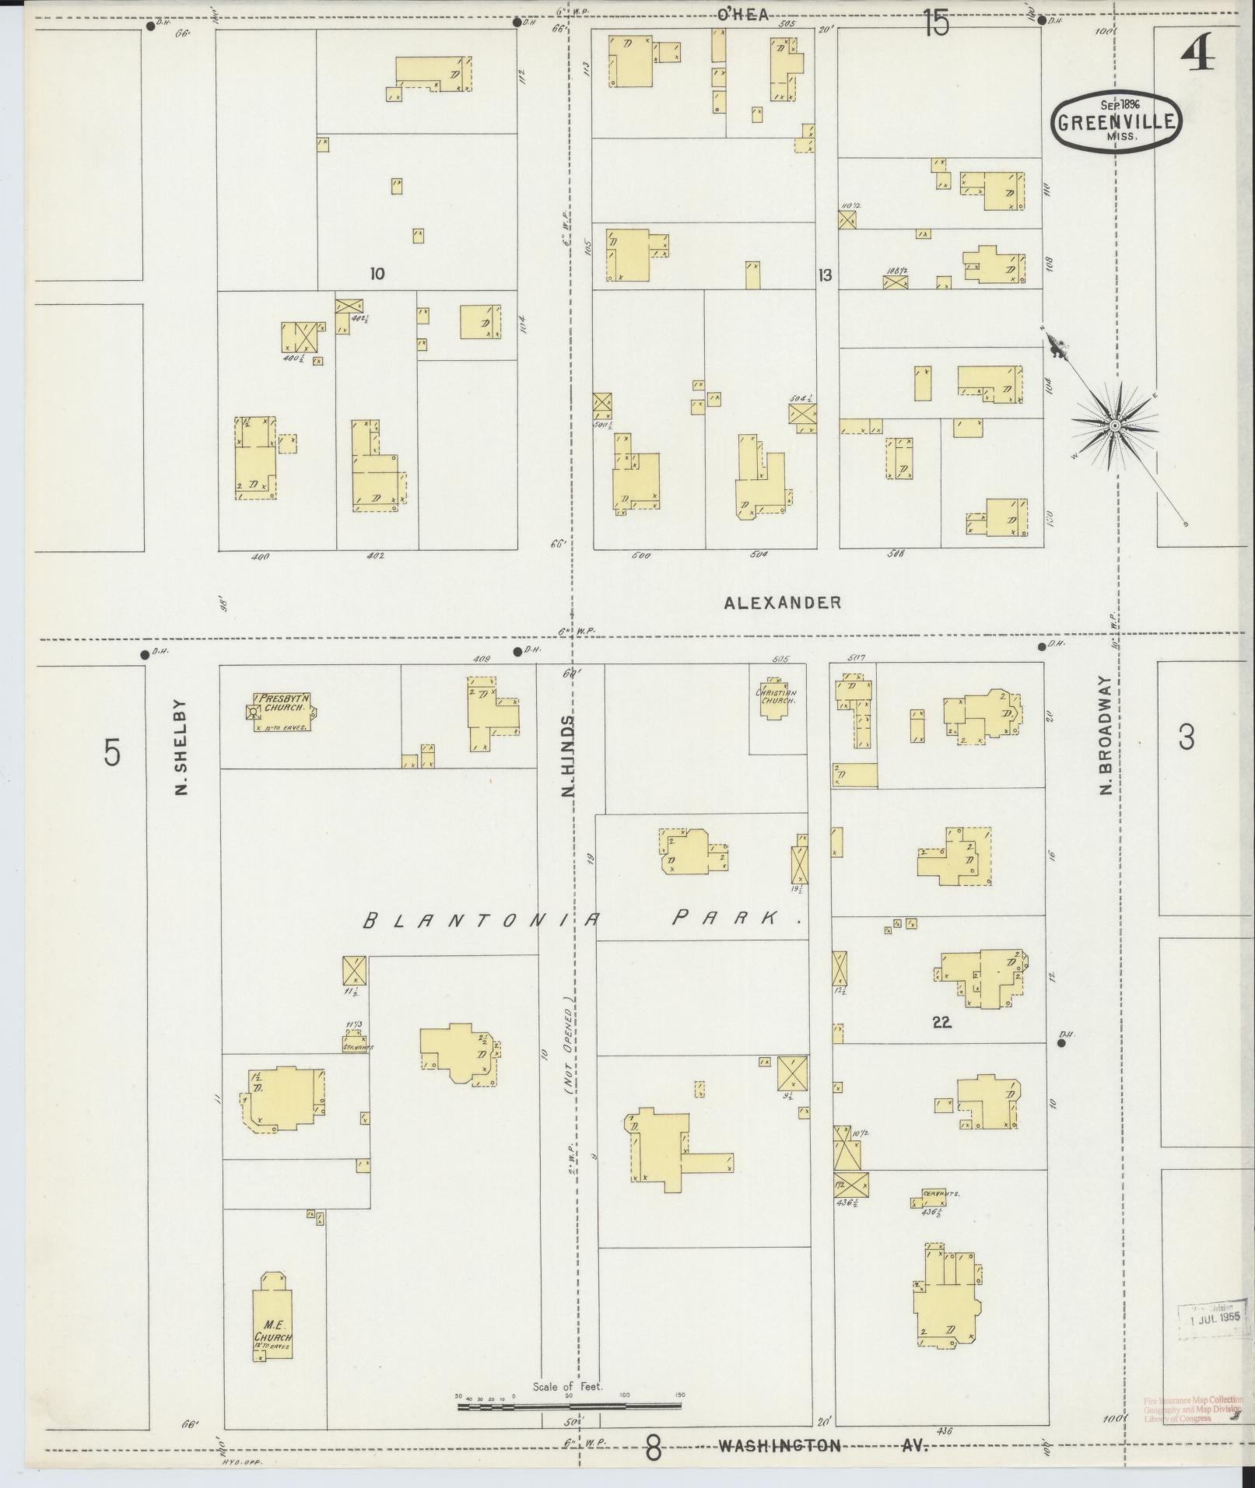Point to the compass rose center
tap(1114, 425)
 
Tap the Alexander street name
tap(782, 602)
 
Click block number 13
tap(824, 275)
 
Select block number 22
tap(941, 1023)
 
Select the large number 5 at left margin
tap(113, 753)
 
